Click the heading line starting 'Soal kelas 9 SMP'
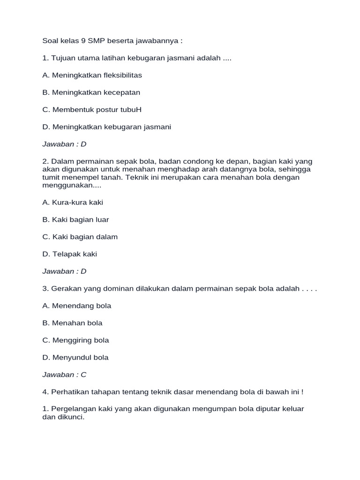[x=112, y=41]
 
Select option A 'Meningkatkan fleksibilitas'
[x=92, y=75]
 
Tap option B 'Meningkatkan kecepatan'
[x=91, y=92]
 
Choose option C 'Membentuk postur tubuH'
[x=92, y=110]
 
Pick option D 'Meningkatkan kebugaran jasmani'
[x=106, y=127]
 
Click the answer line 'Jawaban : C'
[x=64, y=375]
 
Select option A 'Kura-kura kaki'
[x=73, y=202]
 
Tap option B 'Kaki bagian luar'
[x=75, y=219]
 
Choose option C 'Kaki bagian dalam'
[x=80, y=237]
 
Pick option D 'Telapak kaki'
[x=69, y=254]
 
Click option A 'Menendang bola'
[x=76, y=306]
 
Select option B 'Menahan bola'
[x=72, y=323]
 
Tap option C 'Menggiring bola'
[x=75, y=340]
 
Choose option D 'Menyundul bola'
[x=75, y=357]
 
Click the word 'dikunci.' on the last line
[x=70, y=417]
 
